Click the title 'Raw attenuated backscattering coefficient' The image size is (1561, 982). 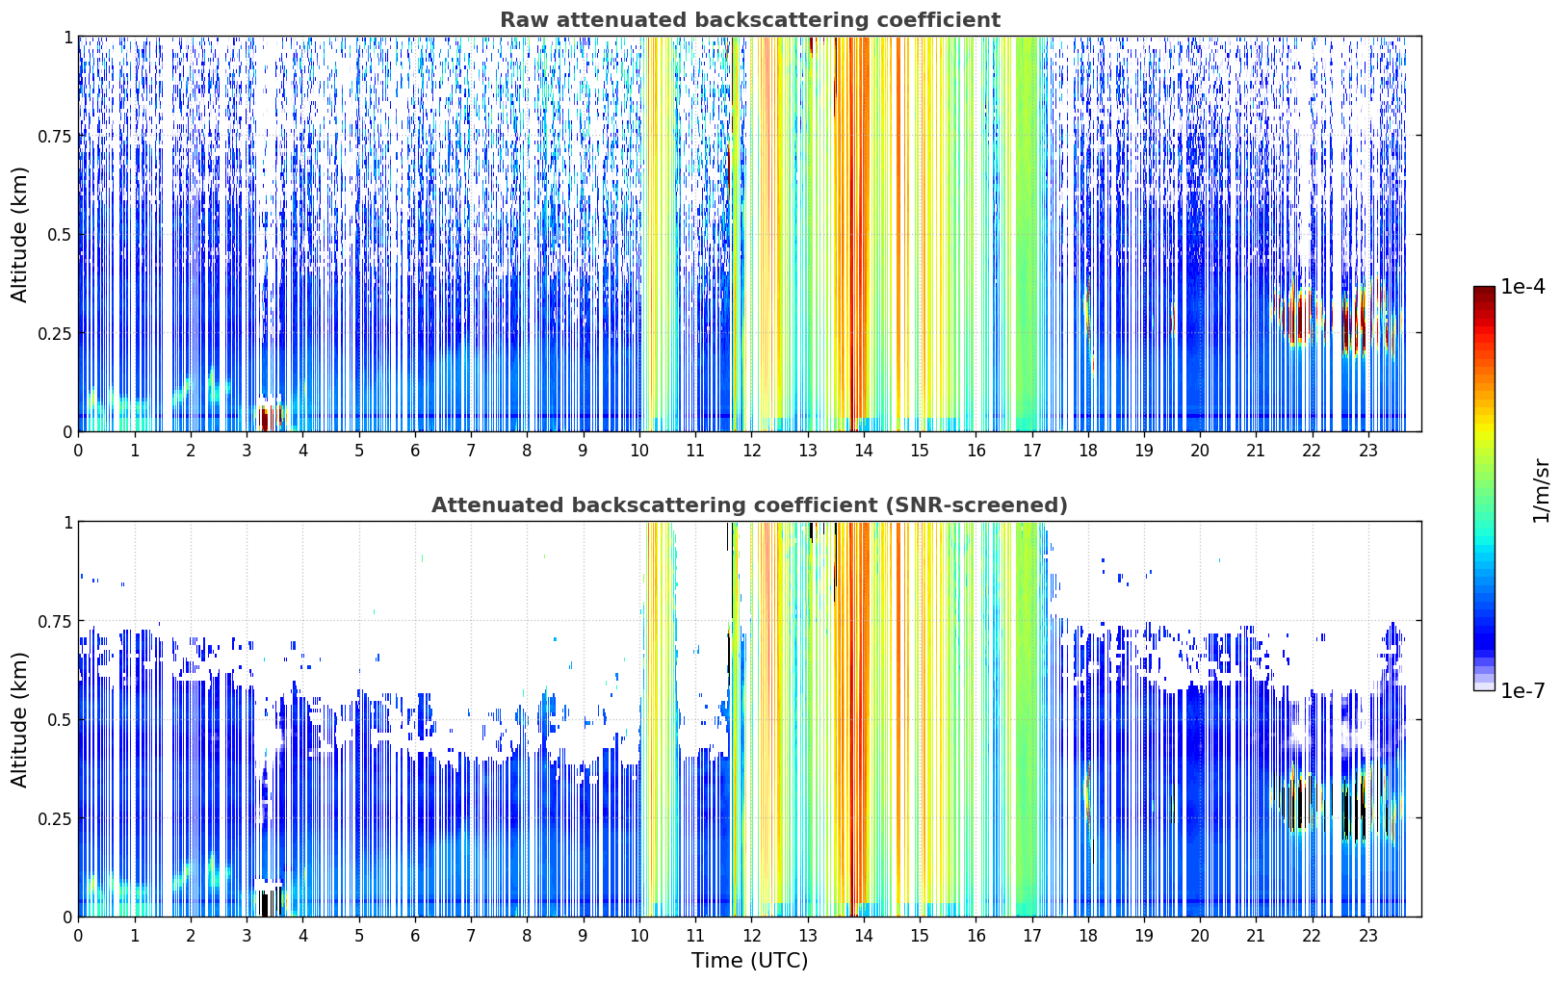750,19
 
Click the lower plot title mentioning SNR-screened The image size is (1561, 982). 749,504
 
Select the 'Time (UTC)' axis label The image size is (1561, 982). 749,961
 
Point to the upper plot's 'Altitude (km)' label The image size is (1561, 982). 19,235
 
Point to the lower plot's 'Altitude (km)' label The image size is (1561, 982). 19,719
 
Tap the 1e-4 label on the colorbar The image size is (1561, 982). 1522,286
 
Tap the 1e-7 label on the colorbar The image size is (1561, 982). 1522,690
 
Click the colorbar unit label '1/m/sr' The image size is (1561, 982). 1541,490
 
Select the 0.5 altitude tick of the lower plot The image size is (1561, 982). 60,719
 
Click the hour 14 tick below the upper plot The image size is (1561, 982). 864,450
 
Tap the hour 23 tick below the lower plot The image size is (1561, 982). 1368,936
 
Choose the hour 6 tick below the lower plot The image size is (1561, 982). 415,936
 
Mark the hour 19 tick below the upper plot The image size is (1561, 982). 1144,450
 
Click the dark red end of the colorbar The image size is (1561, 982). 1484,293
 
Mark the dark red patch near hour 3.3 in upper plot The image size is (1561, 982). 265,419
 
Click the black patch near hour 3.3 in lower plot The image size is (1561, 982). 265,904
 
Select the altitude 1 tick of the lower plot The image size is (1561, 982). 67,523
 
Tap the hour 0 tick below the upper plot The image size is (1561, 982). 78,450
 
